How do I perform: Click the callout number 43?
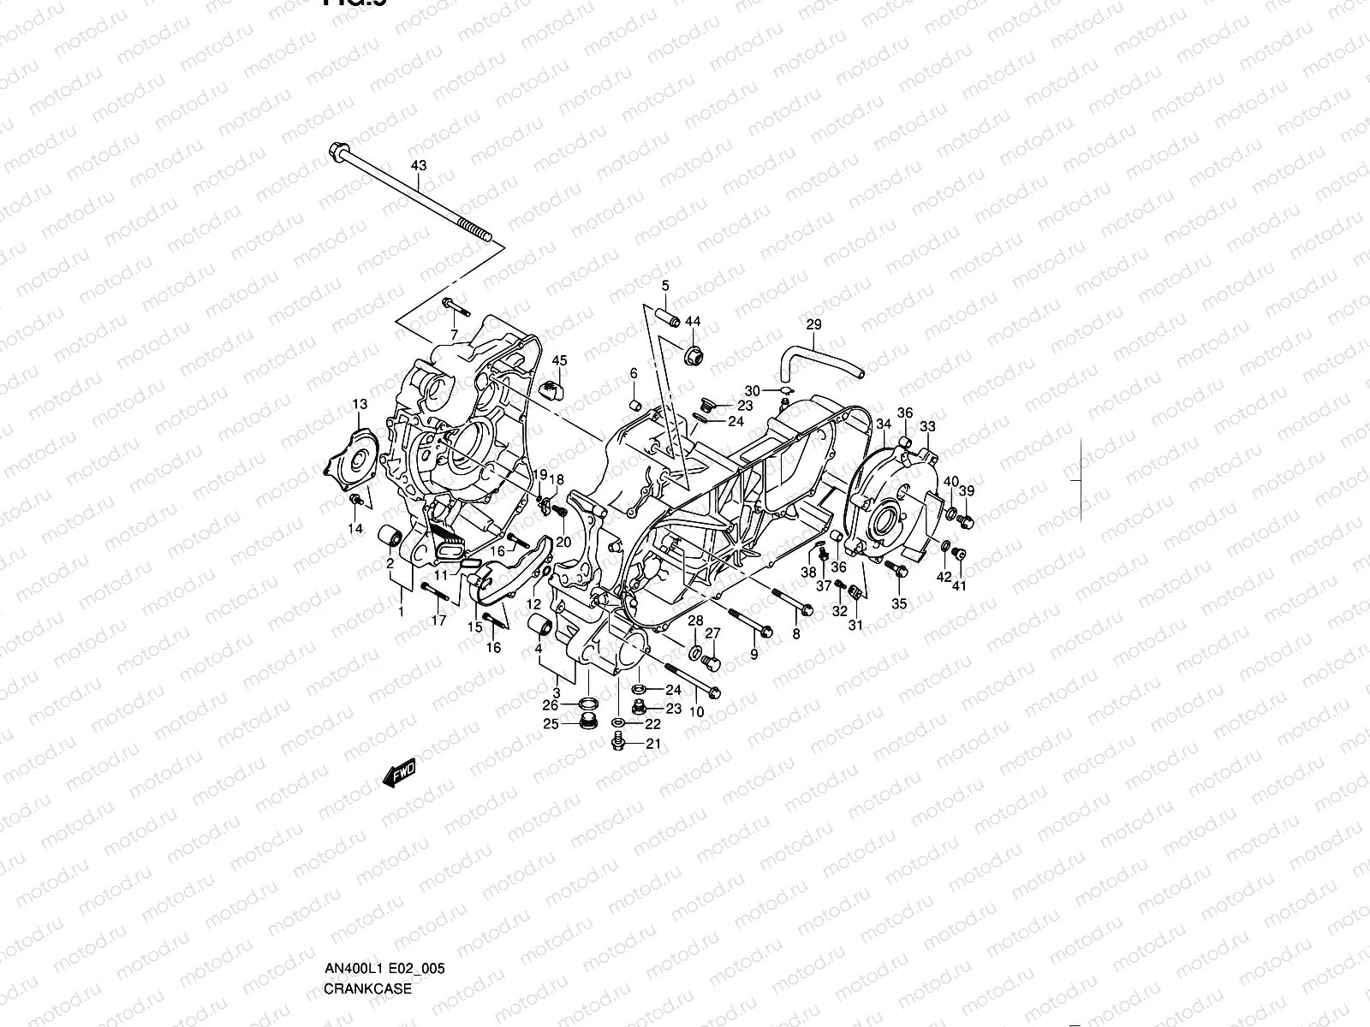point(419,164)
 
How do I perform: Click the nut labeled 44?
point(694,353)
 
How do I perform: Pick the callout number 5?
point(665,285)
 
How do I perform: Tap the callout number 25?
point(551,724)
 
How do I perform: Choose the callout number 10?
point(696,711)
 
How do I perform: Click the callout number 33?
point(927,425)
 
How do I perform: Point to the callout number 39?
point(967,490)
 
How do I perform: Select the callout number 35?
point(899,603)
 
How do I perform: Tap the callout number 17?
point(438,620)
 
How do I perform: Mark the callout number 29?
point(813,324)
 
